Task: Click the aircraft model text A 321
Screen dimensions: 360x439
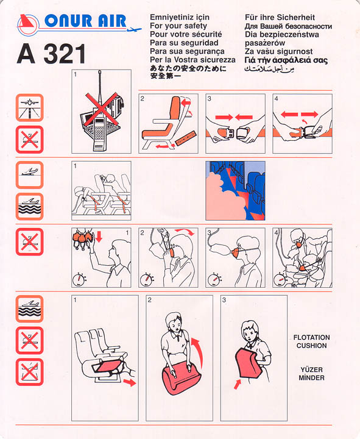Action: (51, 54)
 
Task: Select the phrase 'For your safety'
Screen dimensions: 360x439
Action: (178, 26)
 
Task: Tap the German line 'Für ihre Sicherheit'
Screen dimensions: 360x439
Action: (280, 17)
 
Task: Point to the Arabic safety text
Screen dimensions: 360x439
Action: (269, 68)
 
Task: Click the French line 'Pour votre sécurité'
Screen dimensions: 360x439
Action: (186, 34)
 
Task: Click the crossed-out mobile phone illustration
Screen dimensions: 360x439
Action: (101, 112)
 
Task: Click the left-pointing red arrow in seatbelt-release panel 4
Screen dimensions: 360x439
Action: (289, 114)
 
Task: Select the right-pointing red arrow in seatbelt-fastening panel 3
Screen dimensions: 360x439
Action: (224, 116)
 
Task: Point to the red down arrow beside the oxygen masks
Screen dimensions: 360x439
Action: (99, 237)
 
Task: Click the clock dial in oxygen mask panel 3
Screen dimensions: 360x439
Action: (214, 279)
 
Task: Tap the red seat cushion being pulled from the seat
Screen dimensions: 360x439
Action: (107, 366)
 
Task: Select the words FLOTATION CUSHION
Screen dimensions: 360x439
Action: (311, 341)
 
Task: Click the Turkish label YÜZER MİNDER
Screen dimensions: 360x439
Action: (311, 374)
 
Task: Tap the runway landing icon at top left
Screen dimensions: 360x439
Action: (29, 108)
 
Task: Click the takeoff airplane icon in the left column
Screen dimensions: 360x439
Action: (29, 175)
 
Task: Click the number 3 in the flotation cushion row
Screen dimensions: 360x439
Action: (224, 300)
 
